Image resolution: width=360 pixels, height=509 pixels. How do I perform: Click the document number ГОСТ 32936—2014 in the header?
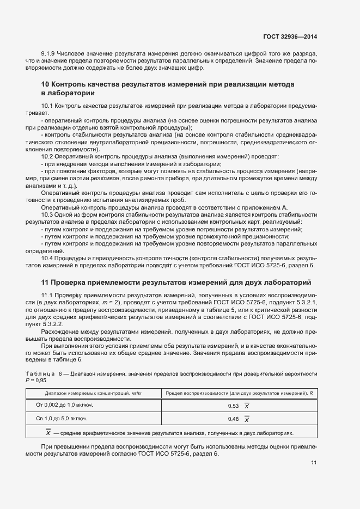[290, 36]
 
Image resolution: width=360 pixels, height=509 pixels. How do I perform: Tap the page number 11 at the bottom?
[314, 463]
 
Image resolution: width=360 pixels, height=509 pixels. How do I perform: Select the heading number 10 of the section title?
[45, 84]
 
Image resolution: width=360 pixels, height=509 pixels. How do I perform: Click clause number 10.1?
[47, 105]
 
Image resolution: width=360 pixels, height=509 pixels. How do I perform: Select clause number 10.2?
[47, 157]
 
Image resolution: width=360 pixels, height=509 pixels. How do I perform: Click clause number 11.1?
[47, 295]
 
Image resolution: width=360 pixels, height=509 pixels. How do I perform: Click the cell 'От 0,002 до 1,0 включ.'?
[65, 405]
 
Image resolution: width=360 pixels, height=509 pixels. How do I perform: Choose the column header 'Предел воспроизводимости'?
[239, 393]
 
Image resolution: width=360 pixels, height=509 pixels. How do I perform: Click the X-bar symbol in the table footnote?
[48, 433]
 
